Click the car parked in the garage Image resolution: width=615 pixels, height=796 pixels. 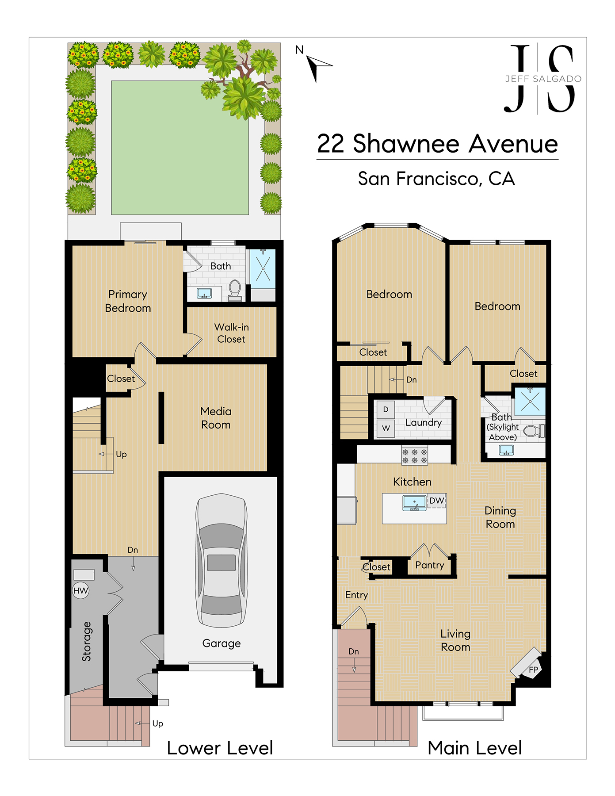click(221, 560)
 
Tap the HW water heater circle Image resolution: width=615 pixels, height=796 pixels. click(80, 590)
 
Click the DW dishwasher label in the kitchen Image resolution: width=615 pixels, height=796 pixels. click(436, 501)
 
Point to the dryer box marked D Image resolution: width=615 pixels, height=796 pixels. click(386, 409)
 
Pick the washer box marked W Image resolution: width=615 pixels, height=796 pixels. click(386, 428)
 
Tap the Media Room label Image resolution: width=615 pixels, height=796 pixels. click(216, 418)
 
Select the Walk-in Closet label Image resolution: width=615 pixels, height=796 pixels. click(231, 333)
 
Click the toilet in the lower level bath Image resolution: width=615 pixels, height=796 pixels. click(235, 290)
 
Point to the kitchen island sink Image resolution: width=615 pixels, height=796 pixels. click(414, 503)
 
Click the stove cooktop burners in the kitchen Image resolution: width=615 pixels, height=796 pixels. click(415, 455)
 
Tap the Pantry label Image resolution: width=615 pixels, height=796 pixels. click(430, 565)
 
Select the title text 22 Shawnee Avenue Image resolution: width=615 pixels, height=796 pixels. click(438, 144)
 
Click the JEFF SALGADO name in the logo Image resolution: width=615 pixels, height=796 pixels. click(543, 79)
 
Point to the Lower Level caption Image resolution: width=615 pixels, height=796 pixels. click(220, 748)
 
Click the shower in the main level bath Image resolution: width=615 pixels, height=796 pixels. click(530, 402)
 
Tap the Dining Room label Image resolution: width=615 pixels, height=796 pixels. click(500, 517)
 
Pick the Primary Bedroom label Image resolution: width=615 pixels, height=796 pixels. click(128, 301)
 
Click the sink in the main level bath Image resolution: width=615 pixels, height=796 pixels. click(506, 450)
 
